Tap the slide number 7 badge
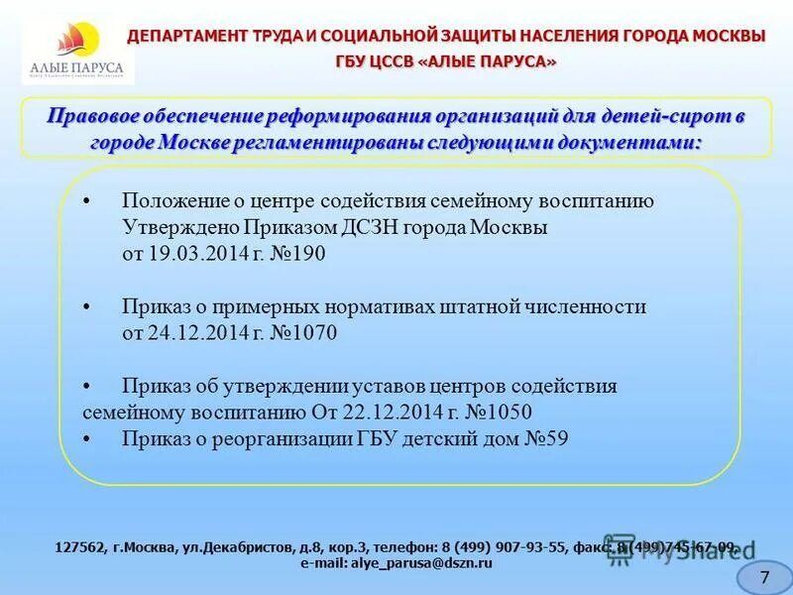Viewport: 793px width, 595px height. [764, 576]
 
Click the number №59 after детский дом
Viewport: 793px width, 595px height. [545, 438]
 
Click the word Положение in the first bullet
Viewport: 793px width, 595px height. [172, 200]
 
